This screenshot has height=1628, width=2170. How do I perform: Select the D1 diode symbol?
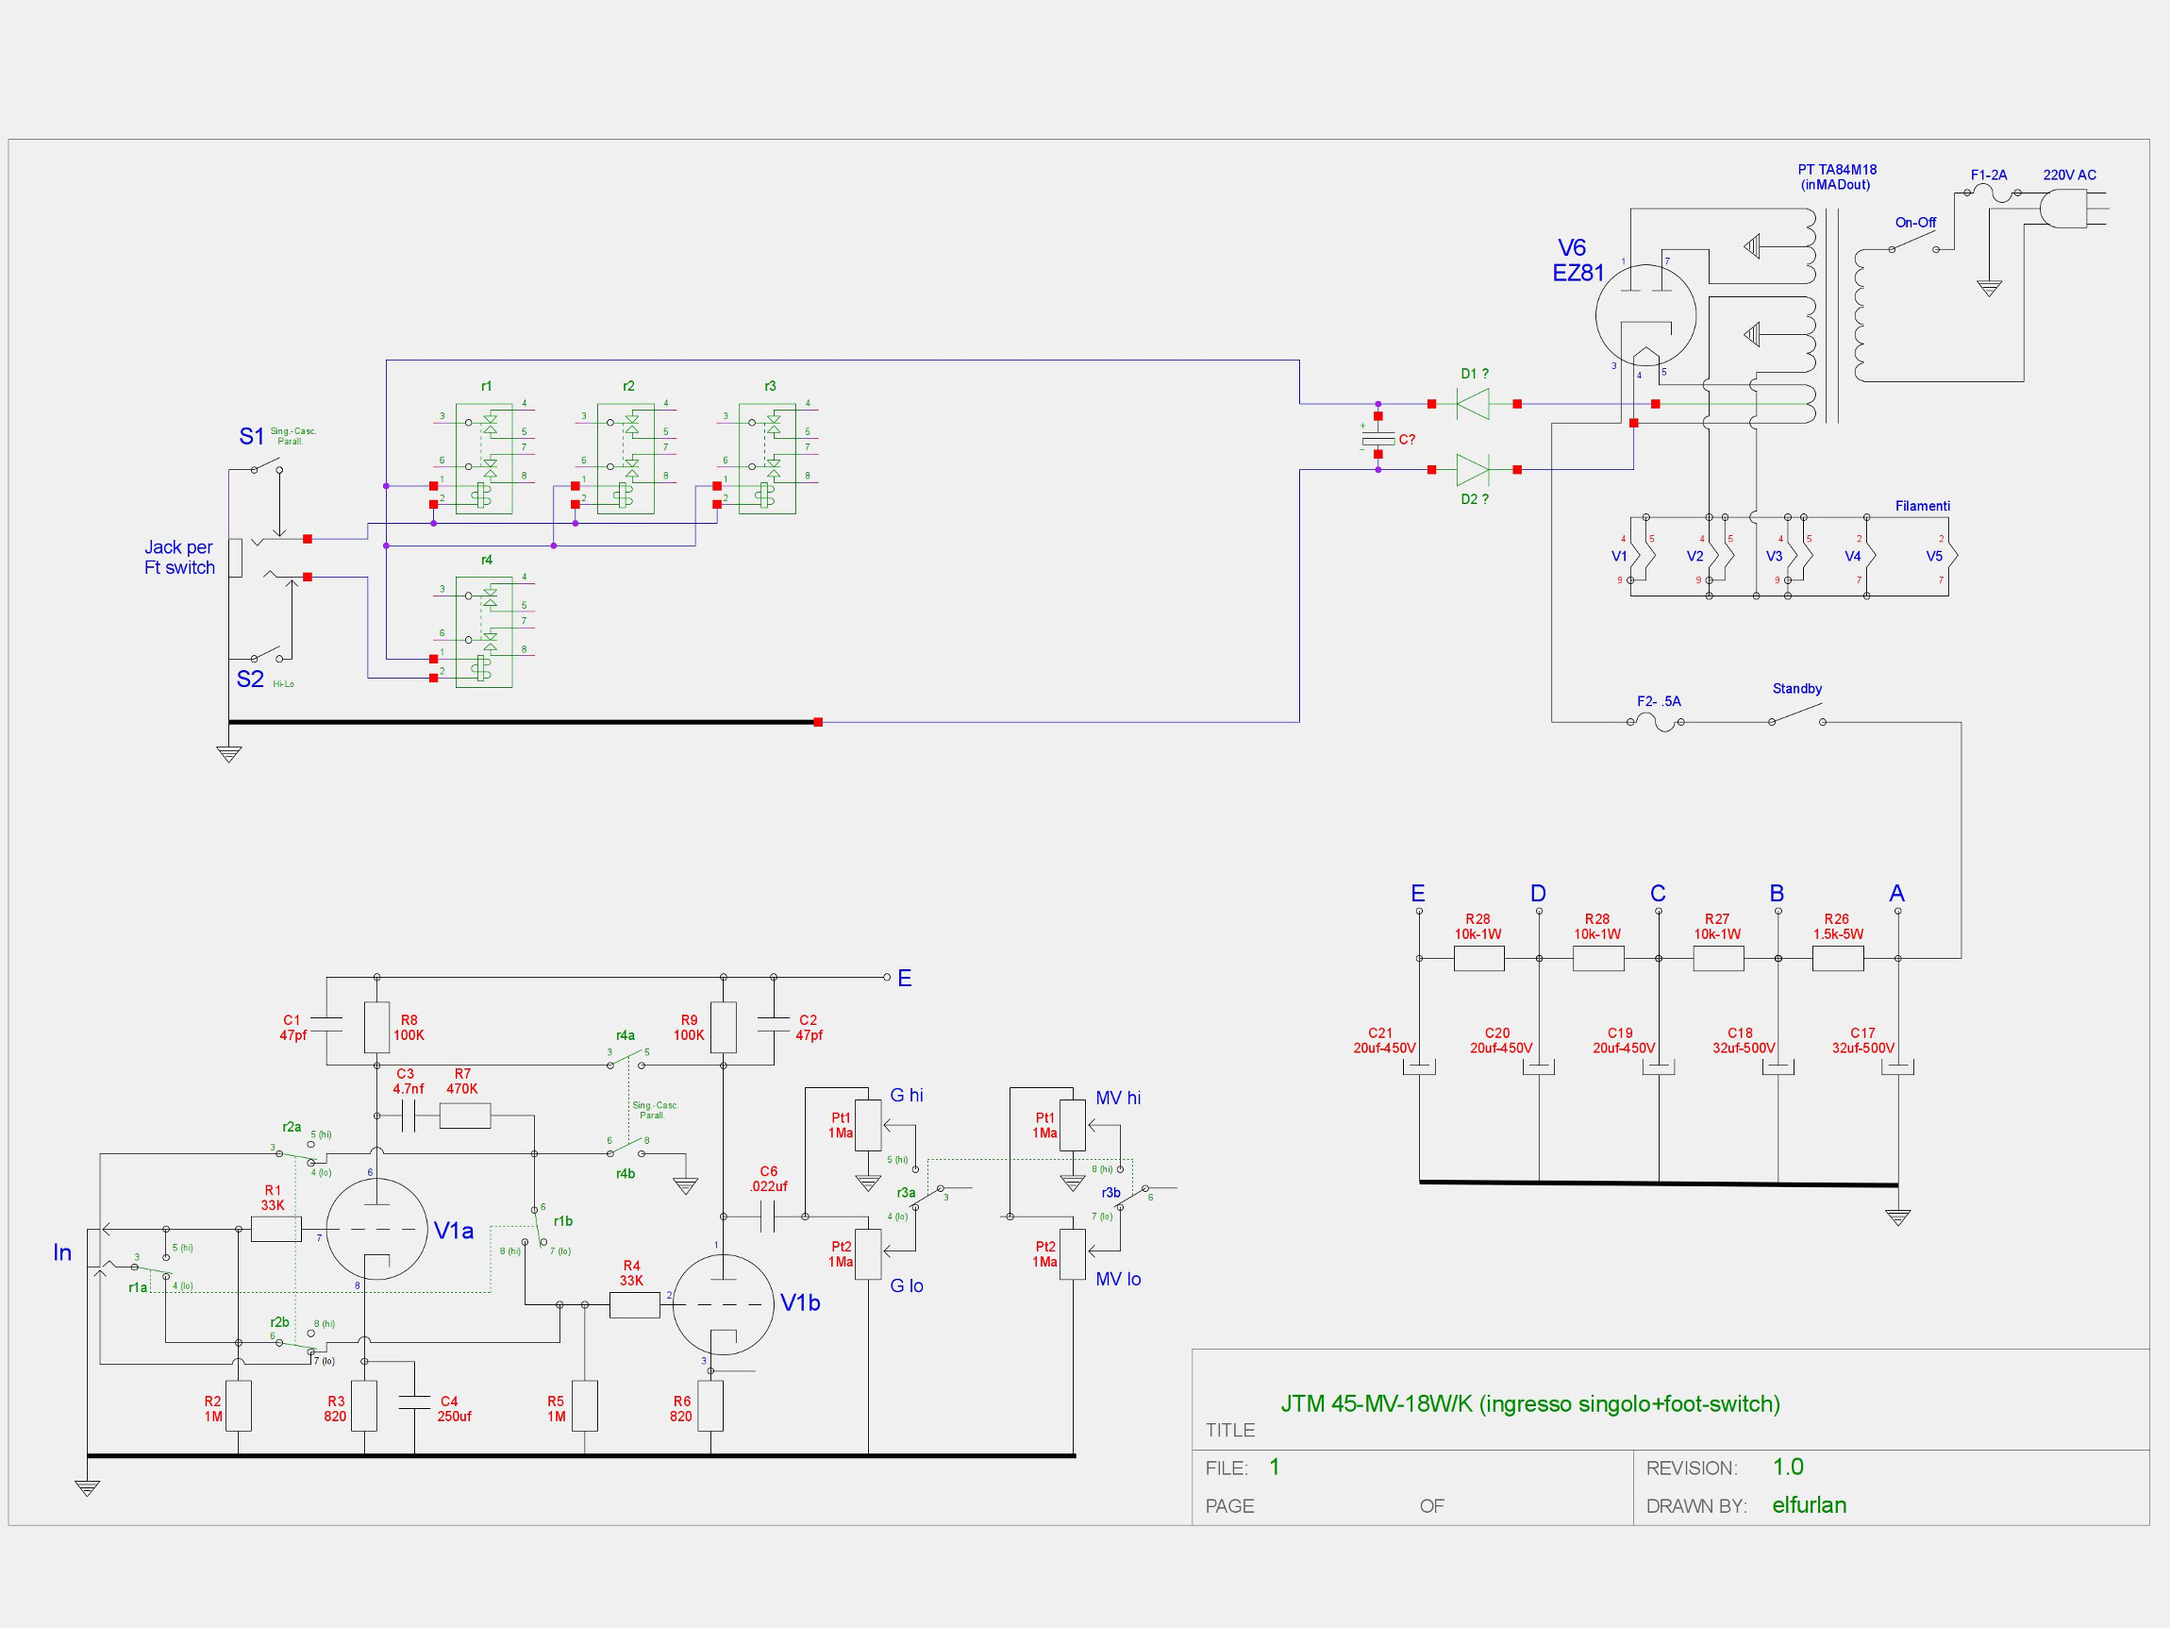click(x=1473, y=403)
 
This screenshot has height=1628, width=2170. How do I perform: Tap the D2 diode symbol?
click(x=1473, y=470)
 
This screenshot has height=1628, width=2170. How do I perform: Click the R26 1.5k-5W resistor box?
click(x=1838, y=958)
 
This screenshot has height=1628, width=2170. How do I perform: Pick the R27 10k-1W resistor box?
click(x=1718, y=958)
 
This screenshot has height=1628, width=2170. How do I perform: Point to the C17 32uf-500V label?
click(x=1862, y=1040)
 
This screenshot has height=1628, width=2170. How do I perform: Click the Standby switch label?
click(x=1796, y=689)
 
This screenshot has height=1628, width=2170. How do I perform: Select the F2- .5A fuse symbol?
click(x=1656, y=723)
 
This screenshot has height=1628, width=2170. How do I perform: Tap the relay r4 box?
click(x=484, y=633)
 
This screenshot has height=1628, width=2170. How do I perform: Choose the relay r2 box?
click(x=625, y=459)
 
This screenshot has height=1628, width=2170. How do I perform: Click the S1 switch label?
click(x=251, y=437)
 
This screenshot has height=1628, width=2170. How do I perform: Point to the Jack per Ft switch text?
click(x=178, y=558)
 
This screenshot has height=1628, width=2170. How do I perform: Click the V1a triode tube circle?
click(x=376, y=1230)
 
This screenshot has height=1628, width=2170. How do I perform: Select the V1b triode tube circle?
click(x=723, y=1304)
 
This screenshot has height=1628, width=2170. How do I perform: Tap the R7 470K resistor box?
click(x=464, y=1116)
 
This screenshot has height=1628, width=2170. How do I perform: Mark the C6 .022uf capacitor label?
click(x=768, y=1179)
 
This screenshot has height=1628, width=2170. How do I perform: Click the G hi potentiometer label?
click(x=906, y=1095)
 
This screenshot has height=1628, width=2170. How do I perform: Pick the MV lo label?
click(x=1117, y=1280)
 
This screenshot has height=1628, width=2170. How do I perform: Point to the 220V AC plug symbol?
click(x=2065, y=208)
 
